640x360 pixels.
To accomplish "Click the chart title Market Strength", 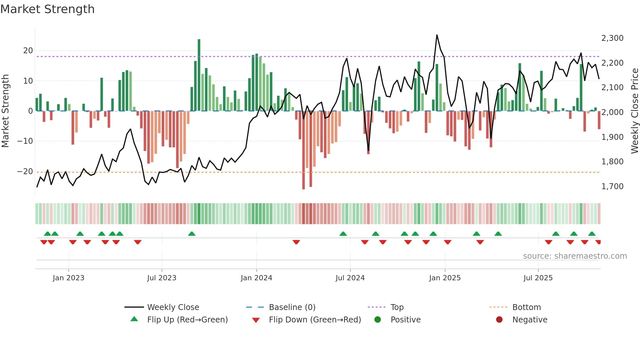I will click(x=47, y=9).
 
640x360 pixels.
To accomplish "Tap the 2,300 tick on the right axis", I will click(x=612, y=38).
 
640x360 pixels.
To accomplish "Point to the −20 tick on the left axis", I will click(x=25, y=172).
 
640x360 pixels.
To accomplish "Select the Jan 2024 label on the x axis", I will click(x=256, y=278).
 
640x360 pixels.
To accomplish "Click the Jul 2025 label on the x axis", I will click(x=538, y=278).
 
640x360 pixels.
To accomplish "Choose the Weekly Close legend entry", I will click(x=173, y=307).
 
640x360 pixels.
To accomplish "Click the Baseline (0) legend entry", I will click(x=292, y=307).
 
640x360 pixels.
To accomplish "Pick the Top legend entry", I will click(x=397, y=307).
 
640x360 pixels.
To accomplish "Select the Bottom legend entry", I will click(x=526, y=307).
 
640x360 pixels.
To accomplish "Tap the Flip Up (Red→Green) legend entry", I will click(x=187, y=320).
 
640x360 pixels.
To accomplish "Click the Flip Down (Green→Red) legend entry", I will click(x=315, y=320).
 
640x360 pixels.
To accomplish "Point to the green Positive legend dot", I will click(x=378, y=320).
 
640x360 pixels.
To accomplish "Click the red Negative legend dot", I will click(x=499, y=320).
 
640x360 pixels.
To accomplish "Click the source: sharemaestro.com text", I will click(x=575, y=256).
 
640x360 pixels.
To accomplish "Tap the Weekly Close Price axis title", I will click(x=634, y=111).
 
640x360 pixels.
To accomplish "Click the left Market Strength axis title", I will click(x=5, y=111).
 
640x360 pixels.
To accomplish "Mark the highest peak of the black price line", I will click(x=437, y=35).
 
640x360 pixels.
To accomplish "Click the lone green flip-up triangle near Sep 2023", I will click(x=192, y=234).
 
